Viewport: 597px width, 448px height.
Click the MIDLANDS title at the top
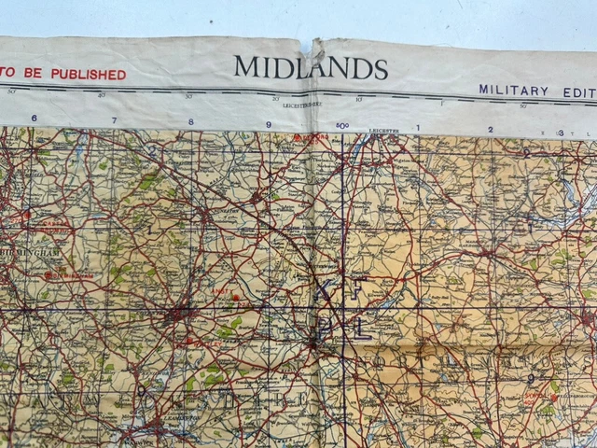pyautogui.click(x=311, y=67)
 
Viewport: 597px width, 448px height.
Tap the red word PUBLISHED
pyautogui.click(x=88, y=74)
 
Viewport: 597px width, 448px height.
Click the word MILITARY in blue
pyautogui.click(x=513, y=90)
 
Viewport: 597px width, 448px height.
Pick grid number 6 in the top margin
pyautogui.click(x=34, y=119)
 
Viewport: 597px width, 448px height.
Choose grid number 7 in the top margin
pyautogui.click(x=114, y=120)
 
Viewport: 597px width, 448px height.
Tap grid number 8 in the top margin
pyautogui.click(x=191, y=121)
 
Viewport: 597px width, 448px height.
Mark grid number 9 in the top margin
pyautogui.click(x=269, y=123)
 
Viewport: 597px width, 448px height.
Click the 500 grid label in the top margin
pyautogui.click(x=341, y=125)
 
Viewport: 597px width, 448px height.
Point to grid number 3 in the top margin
pyautogui.click(x=560, y=133)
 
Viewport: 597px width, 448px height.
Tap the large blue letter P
pyautogui.click(x=323, y=328)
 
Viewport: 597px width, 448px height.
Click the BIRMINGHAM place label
pyautogui.click(x=32, y=252)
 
